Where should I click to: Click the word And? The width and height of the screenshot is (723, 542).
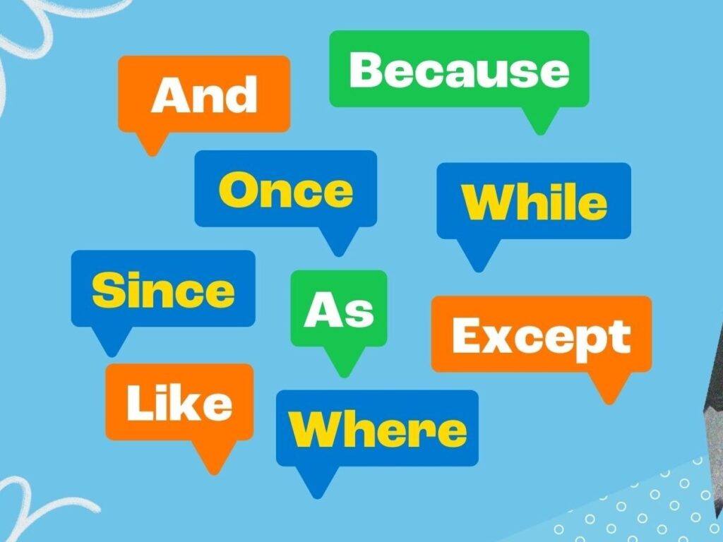click(204, 95)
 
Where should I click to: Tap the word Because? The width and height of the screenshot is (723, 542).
click(459, 70)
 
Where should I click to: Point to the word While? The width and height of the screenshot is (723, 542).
click(534, 202)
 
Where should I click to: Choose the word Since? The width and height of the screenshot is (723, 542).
click(163, 289)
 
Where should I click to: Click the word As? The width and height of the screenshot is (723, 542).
click(339, 310)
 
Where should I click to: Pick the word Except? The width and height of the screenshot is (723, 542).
click(542, 338)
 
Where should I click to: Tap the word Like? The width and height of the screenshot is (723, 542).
click(179, 402)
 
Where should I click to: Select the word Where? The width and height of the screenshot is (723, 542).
click(378, 429)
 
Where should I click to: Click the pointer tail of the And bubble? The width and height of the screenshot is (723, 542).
click(153, 143)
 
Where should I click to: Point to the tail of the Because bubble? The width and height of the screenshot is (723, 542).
click(540, 120)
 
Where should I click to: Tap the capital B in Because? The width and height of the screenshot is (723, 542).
click(366, 70)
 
